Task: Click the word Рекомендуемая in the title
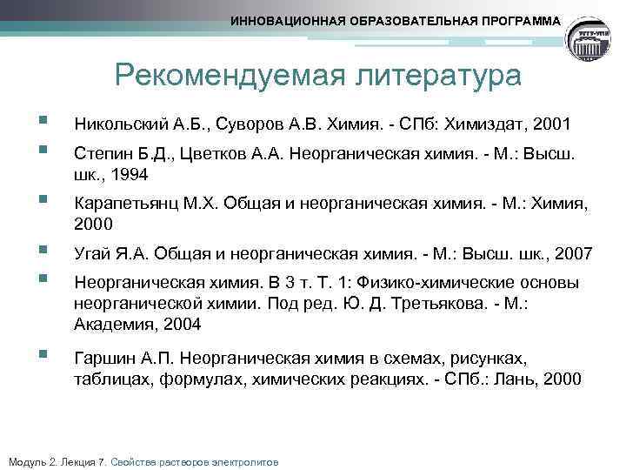(223, 76)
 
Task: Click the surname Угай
(92, 255)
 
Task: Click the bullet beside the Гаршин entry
(32, 355)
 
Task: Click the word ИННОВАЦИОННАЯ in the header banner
(290, 20)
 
